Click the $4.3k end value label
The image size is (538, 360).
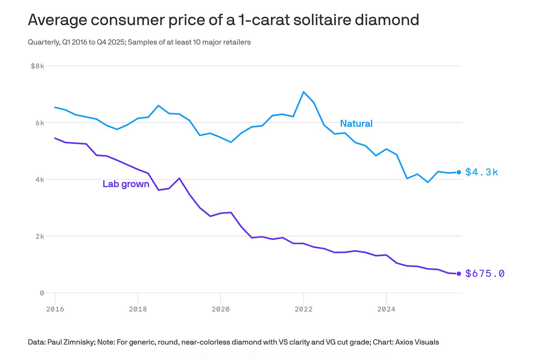coord(481,172)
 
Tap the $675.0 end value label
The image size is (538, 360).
coord(485,274)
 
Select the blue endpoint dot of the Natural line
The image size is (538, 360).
coord(459,172)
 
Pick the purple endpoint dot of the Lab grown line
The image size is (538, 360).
coord(459,274)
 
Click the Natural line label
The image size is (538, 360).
coord(356,123)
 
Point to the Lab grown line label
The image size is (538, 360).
coord(126,184)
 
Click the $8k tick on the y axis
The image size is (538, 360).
coord(38,66)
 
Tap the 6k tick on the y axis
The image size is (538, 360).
coord(40,123)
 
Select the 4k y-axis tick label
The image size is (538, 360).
coord(40,180)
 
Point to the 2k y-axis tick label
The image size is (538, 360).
coord(40,236)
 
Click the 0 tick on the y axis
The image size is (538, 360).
coord(42,293)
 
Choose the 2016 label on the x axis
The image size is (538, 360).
coord(55,309)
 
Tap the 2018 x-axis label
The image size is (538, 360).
coord(138,309)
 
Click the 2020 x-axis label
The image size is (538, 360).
coord(221,309)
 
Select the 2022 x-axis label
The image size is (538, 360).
coord(303,309)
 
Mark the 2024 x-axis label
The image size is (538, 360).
coord(386,309)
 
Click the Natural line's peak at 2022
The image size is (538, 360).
coord(303,92)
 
